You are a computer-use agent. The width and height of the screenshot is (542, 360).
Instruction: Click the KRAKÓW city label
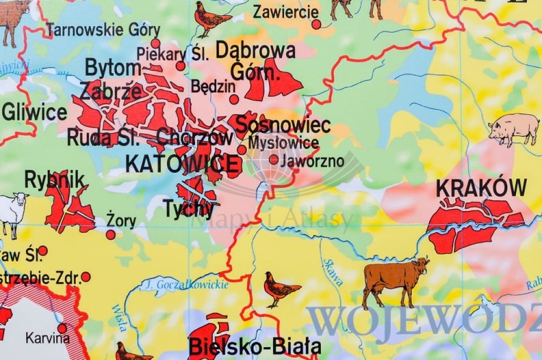pyautogui.click(x=481, y=188)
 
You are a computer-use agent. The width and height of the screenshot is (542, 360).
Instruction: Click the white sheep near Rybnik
pyautogui.click(x=12, y=213)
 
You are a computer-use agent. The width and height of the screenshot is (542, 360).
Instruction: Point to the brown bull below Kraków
pyautogui.click(x=395, y=279)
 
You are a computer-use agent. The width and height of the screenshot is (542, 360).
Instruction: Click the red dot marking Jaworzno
pyautogui.click(x=273, y=160)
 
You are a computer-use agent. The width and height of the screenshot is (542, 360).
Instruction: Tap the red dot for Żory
pyautogui.click(x=111, y=234)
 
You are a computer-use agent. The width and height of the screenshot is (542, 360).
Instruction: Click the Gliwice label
pyautogui.click(x=34, y=112)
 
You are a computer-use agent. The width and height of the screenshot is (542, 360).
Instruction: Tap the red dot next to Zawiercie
pyautogui.click(x=316, y=25)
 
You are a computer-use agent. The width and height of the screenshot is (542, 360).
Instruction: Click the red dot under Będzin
pyautogui.click(x=233, y=100)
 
